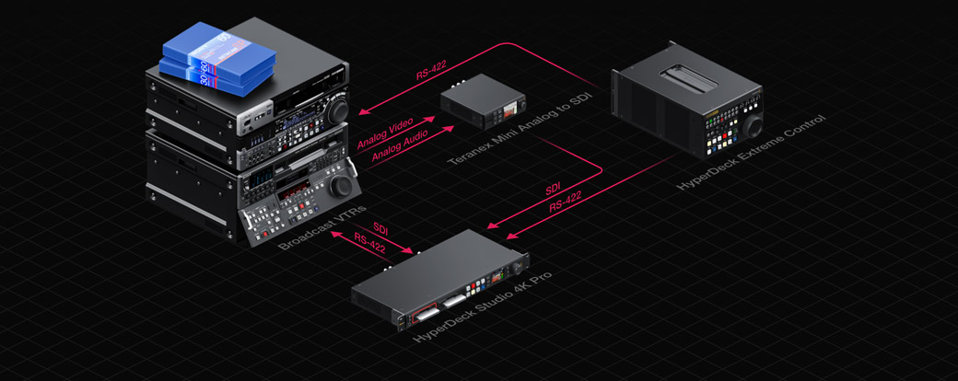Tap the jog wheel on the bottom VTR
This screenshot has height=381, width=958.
343,185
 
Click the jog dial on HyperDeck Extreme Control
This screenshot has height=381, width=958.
753,124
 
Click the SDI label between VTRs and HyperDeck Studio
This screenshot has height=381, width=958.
380,227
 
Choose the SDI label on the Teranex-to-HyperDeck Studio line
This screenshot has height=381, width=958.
553,190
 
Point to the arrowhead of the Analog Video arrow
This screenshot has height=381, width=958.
432,119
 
